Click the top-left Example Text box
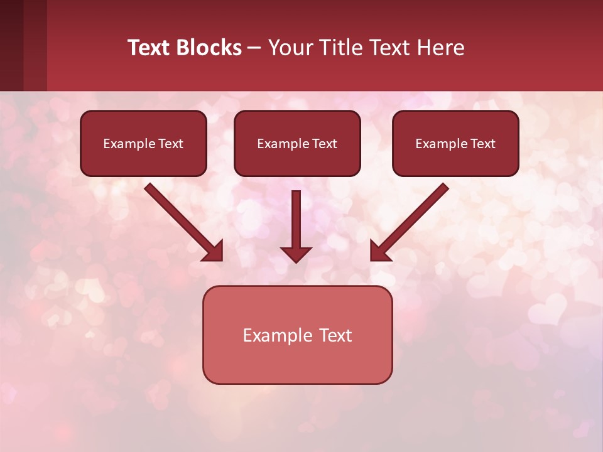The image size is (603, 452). click(x=143, y=143)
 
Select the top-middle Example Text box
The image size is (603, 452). click(x=297, y=143)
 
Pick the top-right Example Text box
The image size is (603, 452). click(x=455, y=143)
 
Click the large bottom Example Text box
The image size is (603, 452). click(x=297, y=335)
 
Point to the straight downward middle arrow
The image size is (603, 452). click(x=296, y=220)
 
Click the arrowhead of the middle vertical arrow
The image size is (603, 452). click(x=296, y=254)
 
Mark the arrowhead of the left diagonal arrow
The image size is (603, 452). click(x=214, y=251)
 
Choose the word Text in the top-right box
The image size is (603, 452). click(x=482, y=144)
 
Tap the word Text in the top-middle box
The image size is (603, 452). click(x=324, y=144)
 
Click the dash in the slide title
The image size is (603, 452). click(x=254, y=48)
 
